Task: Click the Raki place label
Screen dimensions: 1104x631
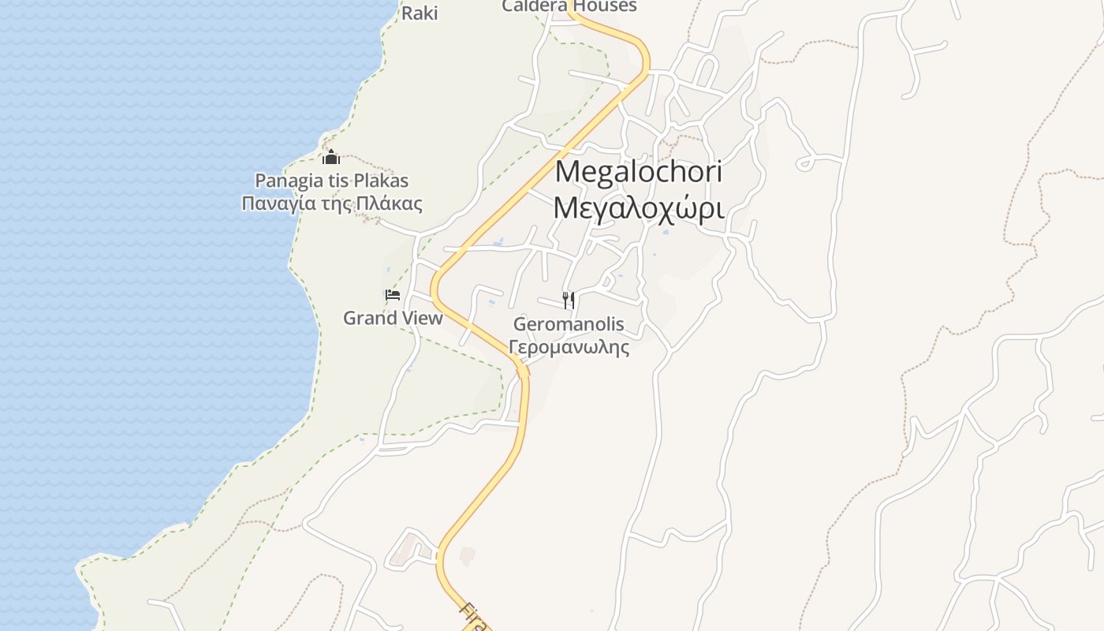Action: [x=420, y=13]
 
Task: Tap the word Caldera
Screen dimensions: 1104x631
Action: [x=535, y=6]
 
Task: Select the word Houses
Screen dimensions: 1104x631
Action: [x=605, y=6]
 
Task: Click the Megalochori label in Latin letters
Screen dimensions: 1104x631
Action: [x=639, y=171]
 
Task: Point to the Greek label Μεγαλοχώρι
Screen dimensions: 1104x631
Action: [x=639, y=207]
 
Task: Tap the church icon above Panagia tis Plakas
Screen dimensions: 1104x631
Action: [x=331, y=157]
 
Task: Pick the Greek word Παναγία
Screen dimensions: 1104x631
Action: [x=274, y=203]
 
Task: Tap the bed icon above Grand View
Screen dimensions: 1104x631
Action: [x=393, y=296]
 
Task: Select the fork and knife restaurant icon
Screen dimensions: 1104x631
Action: [x=569, y=301]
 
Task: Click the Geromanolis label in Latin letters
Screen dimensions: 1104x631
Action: [x=569, y=324]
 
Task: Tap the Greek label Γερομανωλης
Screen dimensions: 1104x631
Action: [x=569, y=347]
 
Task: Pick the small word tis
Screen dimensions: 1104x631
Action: [x=337, y=181]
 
